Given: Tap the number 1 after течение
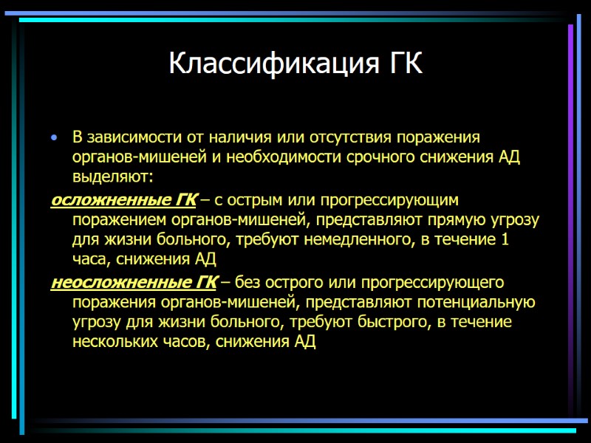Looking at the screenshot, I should tap(505, 240).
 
